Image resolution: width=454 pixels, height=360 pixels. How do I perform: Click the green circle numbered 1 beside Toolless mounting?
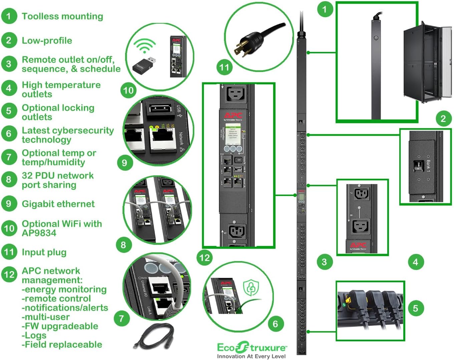[9, 16]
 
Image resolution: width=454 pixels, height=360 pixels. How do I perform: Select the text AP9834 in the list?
[39, 233]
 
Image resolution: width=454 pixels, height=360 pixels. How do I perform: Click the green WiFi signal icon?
[144, 46]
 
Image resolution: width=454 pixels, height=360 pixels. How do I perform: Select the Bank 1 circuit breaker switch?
[416, 166]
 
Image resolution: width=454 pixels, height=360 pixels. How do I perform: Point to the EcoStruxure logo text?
[252, 348]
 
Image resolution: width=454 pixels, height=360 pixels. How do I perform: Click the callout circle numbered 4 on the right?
[415, 262]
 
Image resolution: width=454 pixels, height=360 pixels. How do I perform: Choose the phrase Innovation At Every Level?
[251, 356]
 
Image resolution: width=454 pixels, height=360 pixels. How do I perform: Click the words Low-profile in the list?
[47, 41]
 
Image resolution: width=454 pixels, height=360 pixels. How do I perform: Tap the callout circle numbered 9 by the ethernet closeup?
[124, 162]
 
